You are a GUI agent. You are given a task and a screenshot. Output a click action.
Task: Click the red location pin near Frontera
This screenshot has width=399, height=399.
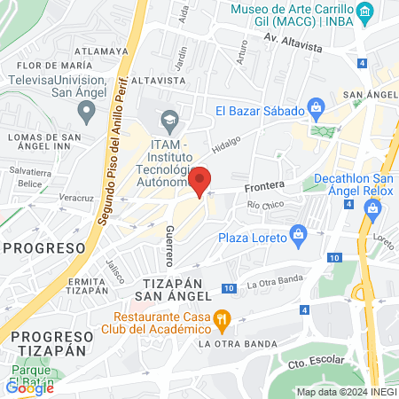point(200,181)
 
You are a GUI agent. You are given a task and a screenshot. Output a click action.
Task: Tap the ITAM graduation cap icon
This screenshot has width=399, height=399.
point(168,119)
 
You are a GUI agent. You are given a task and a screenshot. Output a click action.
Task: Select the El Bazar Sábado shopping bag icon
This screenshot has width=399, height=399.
point(317,111)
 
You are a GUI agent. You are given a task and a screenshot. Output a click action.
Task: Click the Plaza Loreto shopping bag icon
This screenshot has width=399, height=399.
point(298,237)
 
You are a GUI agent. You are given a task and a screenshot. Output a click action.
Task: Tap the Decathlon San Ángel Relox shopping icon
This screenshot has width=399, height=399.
point(372,209)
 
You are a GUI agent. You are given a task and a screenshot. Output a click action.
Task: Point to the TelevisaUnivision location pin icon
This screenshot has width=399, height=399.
point(86,111)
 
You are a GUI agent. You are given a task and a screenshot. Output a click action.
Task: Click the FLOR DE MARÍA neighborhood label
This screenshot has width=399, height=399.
point(54,66)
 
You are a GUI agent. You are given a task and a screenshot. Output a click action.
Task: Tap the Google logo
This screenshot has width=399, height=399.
point(29,387)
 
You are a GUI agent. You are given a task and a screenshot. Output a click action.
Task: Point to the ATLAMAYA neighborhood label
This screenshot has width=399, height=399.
point(99,51)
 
